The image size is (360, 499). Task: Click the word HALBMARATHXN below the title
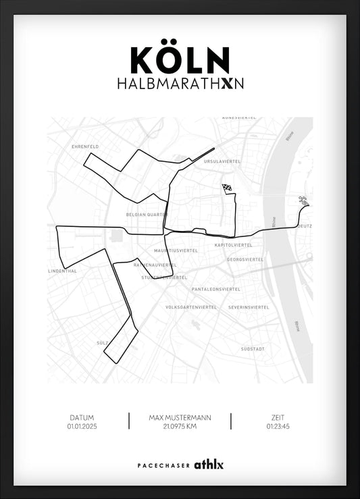[x=180, y=84]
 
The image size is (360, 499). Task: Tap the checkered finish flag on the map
[x=228, y=190]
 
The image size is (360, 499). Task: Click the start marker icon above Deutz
[x=304, y=201]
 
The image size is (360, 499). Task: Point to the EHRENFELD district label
[x=86, y=147]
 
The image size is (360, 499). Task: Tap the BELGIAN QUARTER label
[x=146, y=215]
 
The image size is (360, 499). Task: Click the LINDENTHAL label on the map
[x=63, y=271]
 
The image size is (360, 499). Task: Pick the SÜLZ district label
[x=103, y=343]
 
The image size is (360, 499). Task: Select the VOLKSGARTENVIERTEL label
[x=191, y=307]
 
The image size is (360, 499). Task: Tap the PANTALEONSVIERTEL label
[x=216, y=289]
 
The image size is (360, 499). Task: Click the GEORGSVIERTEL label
[x=245, y=259]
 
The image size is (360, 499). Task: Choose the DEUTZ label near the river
[x=305, y=226]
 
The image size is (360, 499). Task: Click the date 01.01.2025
[x=82, y=427]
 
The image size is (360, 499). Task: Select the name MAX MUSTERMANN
[x=180, y=418]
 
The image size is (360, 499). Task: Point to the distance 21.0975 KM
[x=180, y=427]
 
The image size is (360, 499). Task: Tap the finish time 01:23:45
[x=278, y=427]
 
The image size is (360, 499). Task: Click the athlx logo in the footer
[x=209, y=465]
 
